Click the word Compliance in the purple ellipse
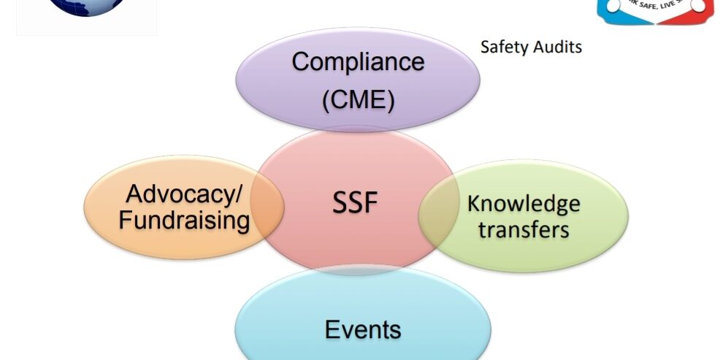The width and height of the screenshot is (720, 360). pos(358,62)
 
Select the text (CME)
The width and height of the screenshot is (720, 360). pos(358,99)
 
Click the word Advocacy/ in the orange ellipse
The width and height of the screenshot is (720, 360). pos(183,194)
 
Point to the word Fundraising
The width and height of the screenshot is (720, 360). pos(183,220)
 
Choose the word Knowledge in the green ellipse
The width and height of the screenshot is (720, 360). pos(524,203)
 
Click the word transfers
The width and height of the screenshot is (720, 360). pos(523,229)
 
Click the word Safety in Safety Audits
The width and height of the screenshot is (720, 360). pos(501,47)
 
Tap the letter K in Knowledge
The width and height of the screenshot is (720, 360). pos(473,203)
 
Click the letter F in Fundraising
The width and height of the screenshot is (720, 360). pos(125,220)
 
